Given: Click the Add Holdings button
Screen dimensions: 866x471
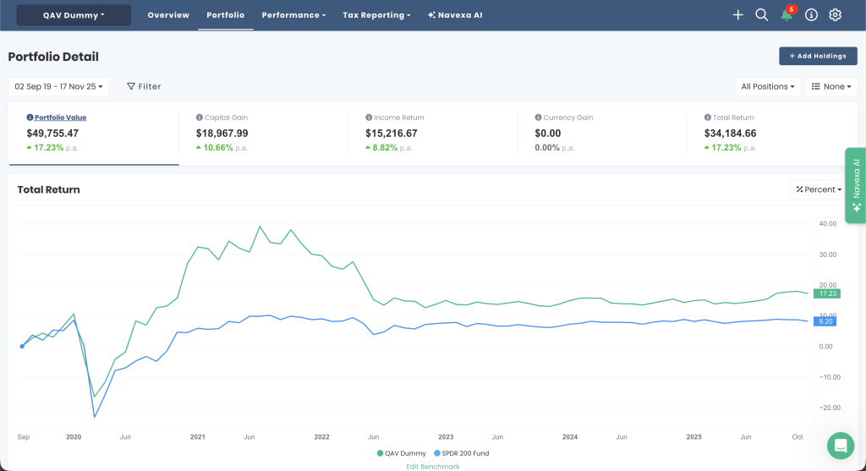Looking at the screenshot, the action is [818, 56].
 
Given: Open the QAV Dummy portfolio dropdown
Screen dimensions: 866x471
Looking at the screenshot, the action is [74, 15].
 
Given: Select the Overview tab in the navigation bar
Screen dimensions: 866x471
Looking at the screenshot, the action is [168, 15].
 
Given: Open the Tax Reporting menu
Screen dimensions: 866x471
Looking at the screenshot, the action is [376, 15].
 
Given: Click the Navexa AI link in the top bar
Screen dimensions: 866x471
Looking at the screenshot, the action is [455, 15].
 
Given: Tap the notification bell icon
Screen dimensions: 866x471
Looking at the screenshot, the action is [787, 15].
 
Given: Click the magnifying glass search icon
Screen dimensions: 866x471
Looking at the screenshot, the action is [762, 15].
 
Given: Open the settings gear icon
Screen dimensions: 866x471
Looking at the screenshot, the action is [835, 15].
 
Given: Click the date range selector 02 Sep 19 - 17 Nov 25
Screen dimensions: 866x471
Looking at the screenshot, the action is [58, 87].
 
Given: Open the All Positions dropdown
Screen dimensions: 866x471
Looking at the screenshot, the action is [768, 87].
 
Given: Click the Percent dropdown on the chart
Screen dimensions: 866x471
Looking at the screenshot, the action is [819, 189].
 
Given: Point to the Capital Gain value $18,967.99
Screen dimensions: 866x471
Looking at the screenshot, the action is [222, 133].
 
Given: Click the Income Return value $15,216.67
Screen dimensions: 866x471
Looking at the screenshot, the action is [391, 133].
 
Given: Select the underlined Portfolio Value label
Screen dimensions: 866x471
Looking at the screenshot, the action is [60, 118].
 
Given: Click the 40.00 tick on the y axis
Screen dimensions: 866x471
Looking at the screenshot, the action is [827, 223].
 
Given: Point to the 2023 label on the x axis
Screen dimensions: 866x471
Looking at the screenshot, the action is [446, 437].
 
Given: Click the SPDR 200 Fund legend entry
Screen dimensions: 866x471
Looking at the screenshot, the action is [462, 453].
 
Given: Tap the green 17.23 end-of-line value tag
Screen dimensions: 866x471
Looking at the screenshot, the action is [827, 293].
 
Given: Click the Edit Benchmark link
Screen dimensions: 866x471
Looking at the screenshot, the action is [432, 467].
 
